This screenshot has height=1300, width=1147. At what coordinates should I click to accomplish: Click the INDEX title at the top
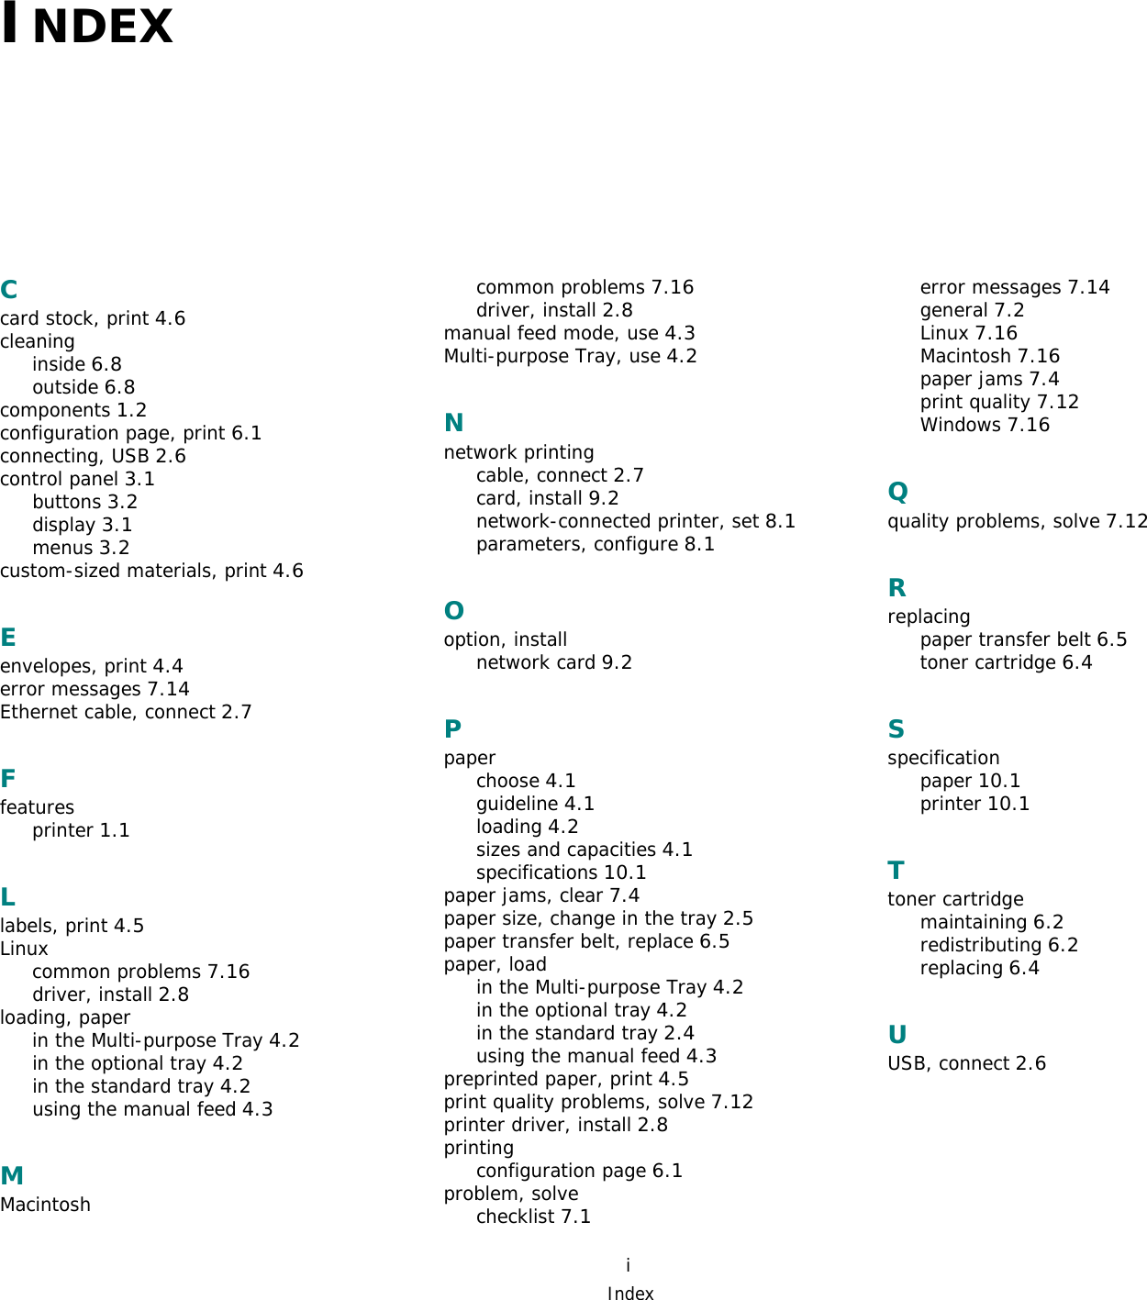(x=87, y=25)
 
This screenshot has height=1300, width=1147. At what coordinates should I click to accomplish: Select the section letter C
(x=9, y=290)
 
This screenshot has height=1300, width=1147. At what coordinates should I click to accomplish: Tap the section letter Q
(x=897, y=493)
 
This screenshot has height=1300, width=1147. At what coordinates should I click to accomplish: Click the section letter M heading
(x=12, y=1175)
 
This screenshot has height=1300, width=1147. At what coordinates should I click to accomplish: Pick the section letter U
(x=897, y=1035)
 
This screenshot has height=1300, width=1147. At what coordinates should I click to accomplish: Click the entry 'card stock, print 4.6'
(x=93, y=318)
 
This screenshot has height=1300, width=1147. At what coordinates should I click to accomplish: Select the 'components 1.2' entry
(x=73, y=410)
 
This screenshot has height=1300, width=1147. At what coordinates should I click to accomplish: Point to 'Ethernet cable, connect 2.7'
(x=126, y=712)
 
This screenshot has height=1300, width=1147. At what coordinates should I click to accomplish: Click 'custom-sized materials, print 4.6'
(x=151, y=571)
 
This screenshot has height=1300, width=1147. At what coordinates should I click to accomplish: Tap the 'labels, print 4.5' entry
(x=72, y=926)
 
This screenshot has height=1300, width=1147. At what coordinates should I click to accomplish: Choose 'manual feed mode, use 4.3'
(x=569, y=333)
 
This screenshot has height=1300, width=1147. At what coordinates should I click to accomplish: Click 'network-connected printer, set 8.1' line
(x=635, y=521)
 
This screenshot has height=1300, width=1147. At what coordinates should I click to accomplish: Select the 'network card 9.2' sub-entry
(x=553, y=662)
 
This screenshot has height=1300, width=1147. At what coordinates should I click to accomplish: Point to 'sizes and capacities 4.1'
(x=584, y=850)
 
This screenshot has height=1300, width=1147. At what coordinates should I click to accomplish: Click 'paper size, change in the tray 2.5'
(x=598, y=918)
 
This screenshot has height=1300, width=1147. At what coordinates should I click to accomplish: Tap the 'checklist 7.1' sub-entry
(x=533, y=1217)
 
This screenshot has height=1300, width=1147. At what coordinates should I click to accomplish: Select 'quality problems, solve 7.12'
(x=1017, y=521)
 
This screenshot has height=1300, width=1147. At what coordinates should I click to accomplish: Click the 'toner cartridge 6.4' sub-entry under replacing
(x=1006, y=662)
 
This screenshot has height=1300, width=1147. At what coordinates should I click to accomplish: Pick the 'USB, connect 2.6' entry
(x=966, y=1063)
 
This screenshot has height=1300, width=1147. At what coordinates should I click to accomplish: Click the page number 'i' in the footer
(x=628, y=1265)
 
